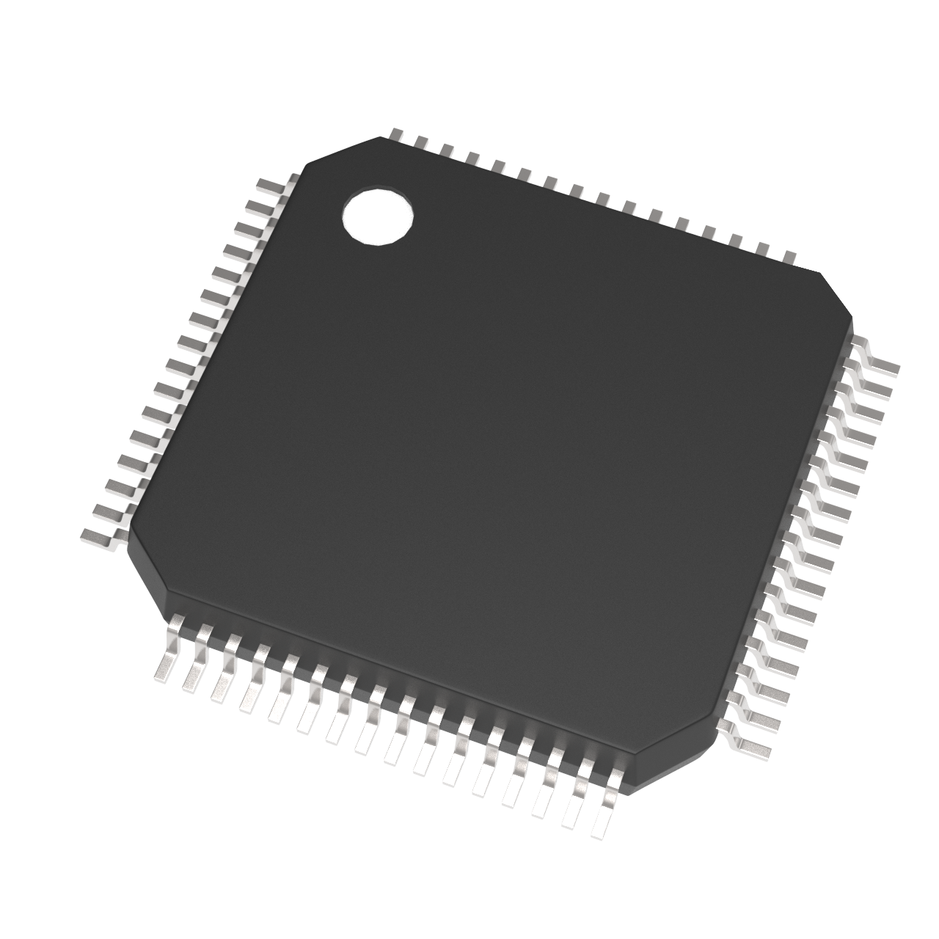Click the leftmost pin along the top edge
click(395, 134)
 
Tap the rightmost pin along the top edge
click(789, 256)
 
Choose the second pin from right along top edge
click(763, 248)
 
